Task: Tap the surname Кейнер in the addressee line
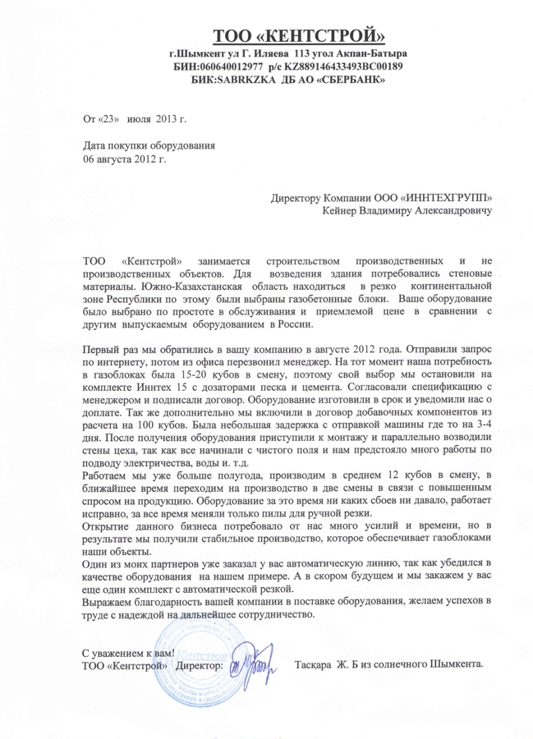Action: pyautogui.click(x=346, y=212)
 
